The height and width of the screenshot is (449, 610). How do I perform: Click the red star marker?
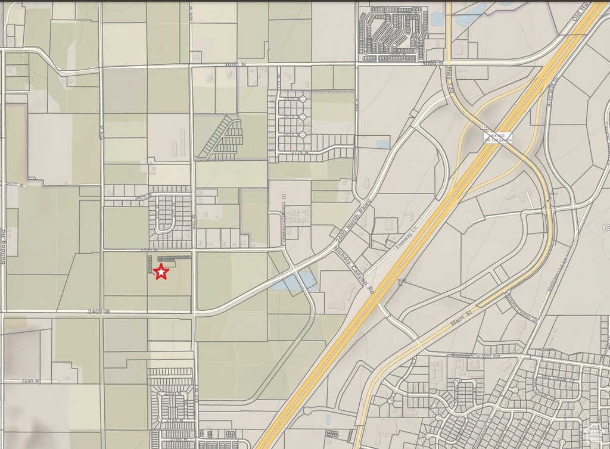pos(161,272)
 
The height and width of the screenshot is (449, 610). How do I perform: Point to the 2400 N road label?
pos(99,311)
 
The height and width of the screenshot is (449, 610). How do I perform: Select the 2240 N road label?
pos(30,381)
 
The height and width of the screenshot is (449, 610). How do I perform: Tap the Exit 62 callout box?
pos(497,137)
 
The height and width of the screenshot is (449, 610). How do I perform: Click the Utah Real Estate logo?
pos(593,434)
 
